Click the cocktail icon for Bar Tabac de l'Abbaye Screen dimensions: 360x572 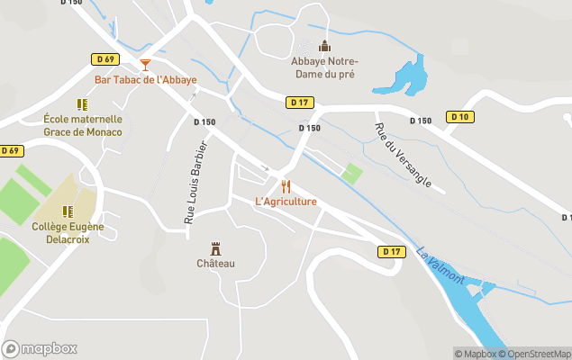pos(145,64)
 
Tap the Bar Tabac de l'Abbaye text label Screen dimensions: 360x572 pos(145,80)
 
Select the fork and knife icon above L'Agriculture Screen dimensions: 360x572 pos(286,186)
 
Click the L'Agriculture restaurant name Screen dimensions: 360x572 pos(286,202)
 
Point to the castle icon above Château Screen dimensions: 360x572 pos(215,248)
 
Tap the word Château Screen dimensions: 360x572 pos(215,264)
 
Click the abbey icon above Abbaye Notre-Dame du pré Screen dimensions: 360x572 pos(324,46)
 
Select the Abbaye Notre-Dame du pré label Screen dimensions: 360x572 pos(324,67)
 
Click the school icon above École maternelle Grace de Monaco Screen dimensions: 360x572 pos(83,104)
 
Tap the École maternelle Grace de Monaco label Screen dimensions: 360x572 pos(83,126)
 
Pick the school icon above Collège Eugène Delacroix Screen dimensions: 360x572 pos(68,211)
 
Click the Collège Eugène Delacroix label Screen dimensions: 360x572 pos(68,233)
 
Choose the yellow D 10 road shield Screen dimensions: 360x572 pos(459,117)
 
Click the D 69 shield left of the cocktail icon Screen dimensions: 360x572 pos(105,59)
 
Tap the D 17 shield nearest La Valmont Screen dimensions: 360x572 pos(390,251)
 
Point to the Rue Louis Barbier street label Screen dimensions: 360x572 pos(195,182)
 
